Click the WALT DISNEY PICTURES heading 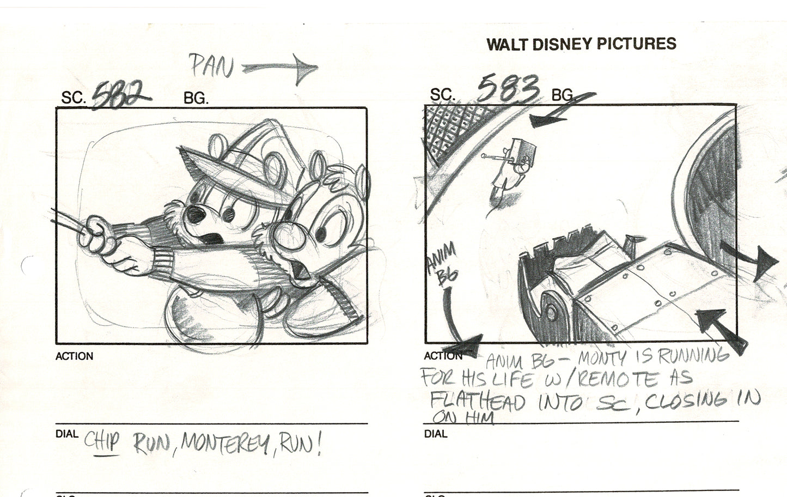581,44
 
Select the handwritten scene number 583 508,88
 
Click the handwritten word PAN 211,67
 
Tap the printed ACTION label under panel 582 74,356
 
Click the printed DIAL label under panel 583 436,434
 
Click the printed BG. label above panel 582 196,99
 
